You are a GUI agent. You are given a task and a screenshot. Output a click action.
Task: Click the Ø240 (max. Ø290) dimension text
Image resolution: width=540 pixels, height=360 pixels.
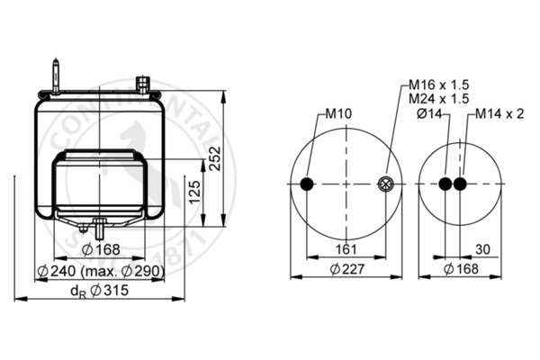click(x=100, y=271)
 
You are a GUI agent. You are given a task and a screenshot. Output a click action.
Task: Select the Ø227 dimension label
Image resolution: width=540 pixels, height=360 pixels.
click(x=347, y=270)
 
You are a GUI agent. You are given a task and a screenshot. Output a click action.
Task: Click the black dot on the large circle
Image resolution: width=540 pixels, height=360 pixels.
click(x=308, y=184)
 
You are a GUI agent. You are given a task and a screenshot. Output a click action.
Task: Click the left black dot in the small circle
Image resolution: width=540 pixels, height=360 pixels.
click(x=445, y=184)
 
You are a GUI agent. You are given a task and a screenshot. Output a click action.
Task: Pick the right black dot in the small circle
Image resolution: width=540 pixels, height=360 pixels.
click(x=461, y=184)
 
